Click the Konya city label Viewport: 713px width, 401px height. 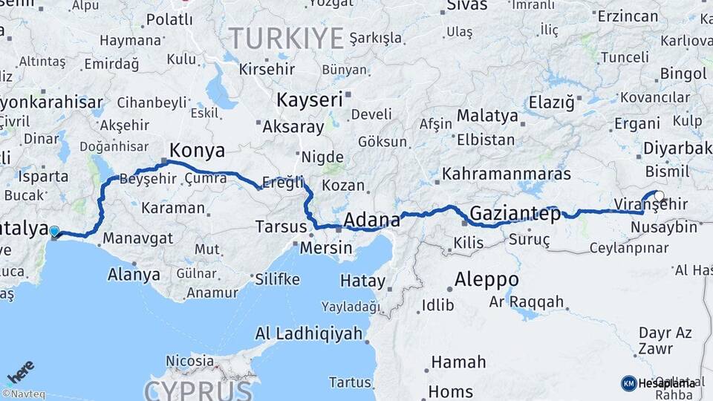[197, 150]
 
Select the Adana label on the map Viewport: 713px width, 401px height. [372, 220]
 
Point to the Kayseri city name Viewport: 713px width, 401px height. [309, 100]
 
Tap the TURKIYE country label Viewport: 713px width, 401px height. [286, 37]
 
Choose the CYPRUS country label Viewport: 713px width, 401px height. [198, 390]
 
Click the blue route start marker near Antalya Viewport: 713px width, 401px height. [54, 232]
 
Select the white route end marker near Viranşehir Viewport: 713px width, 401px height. [659, 196]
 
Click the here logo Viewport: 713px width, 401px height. [21, 372]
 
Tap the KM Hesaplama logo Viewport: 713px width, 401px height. [658, 383]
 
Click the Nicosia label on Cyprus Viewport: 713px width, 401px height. [190, 362]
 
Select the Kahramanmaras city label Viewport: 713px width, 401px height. [507, 174]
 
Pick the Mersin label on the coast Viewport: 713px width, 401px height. [326, 247]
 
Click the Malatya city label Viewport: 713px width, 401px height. [487, 116]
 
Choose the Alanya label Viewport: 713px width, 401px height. [134, 274]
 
